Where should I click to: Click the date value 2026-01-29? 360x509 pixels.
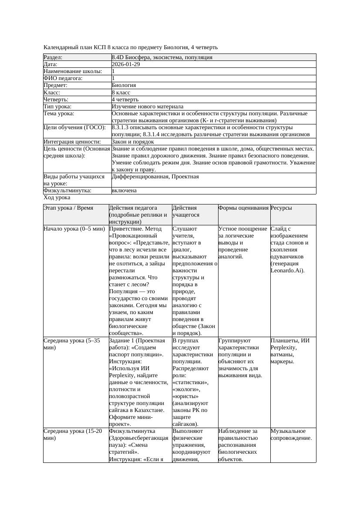(x=126, y=64)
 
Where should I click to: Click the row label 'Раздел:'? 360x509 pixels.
(x=53, y=57)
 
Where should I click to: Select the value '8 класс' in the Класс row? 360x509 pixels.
(x=121, y=93)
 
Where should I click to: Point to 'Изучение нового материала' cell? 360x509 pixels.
(x=148, y=107)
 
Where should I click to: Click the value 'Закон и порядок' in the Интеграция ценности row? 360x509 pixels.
(x=133, y=142)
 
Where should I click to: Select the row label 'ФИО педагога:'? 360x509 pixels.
(x=63, y=78)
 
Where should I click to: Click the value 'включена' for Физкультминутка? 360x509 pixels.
(x=124, y=191)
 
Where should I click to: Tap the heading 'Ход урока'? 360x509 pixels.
(x=57, y=198)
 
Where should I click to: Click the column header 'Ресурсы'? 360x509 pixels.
(x=281, y=208)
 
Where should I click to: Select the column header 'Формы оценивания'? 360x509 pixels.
(x=243, y=208)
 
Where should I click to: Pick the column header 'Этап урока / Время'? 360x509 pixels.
(x=68, y=208)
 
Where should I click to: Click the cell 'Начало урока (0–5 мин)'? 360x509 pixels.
(x=74, y=228)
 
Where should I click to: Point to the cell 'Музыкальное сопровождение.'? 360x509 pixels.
(x=291, y=435)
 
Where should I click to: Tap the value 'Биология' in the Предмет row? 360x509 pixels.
(x=124, y=86)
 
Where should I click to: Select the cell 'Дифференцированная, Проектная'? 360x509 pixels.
(x=155, y=177)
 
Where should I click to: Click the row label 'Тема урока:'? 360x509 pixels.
(x=59, y=114)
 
